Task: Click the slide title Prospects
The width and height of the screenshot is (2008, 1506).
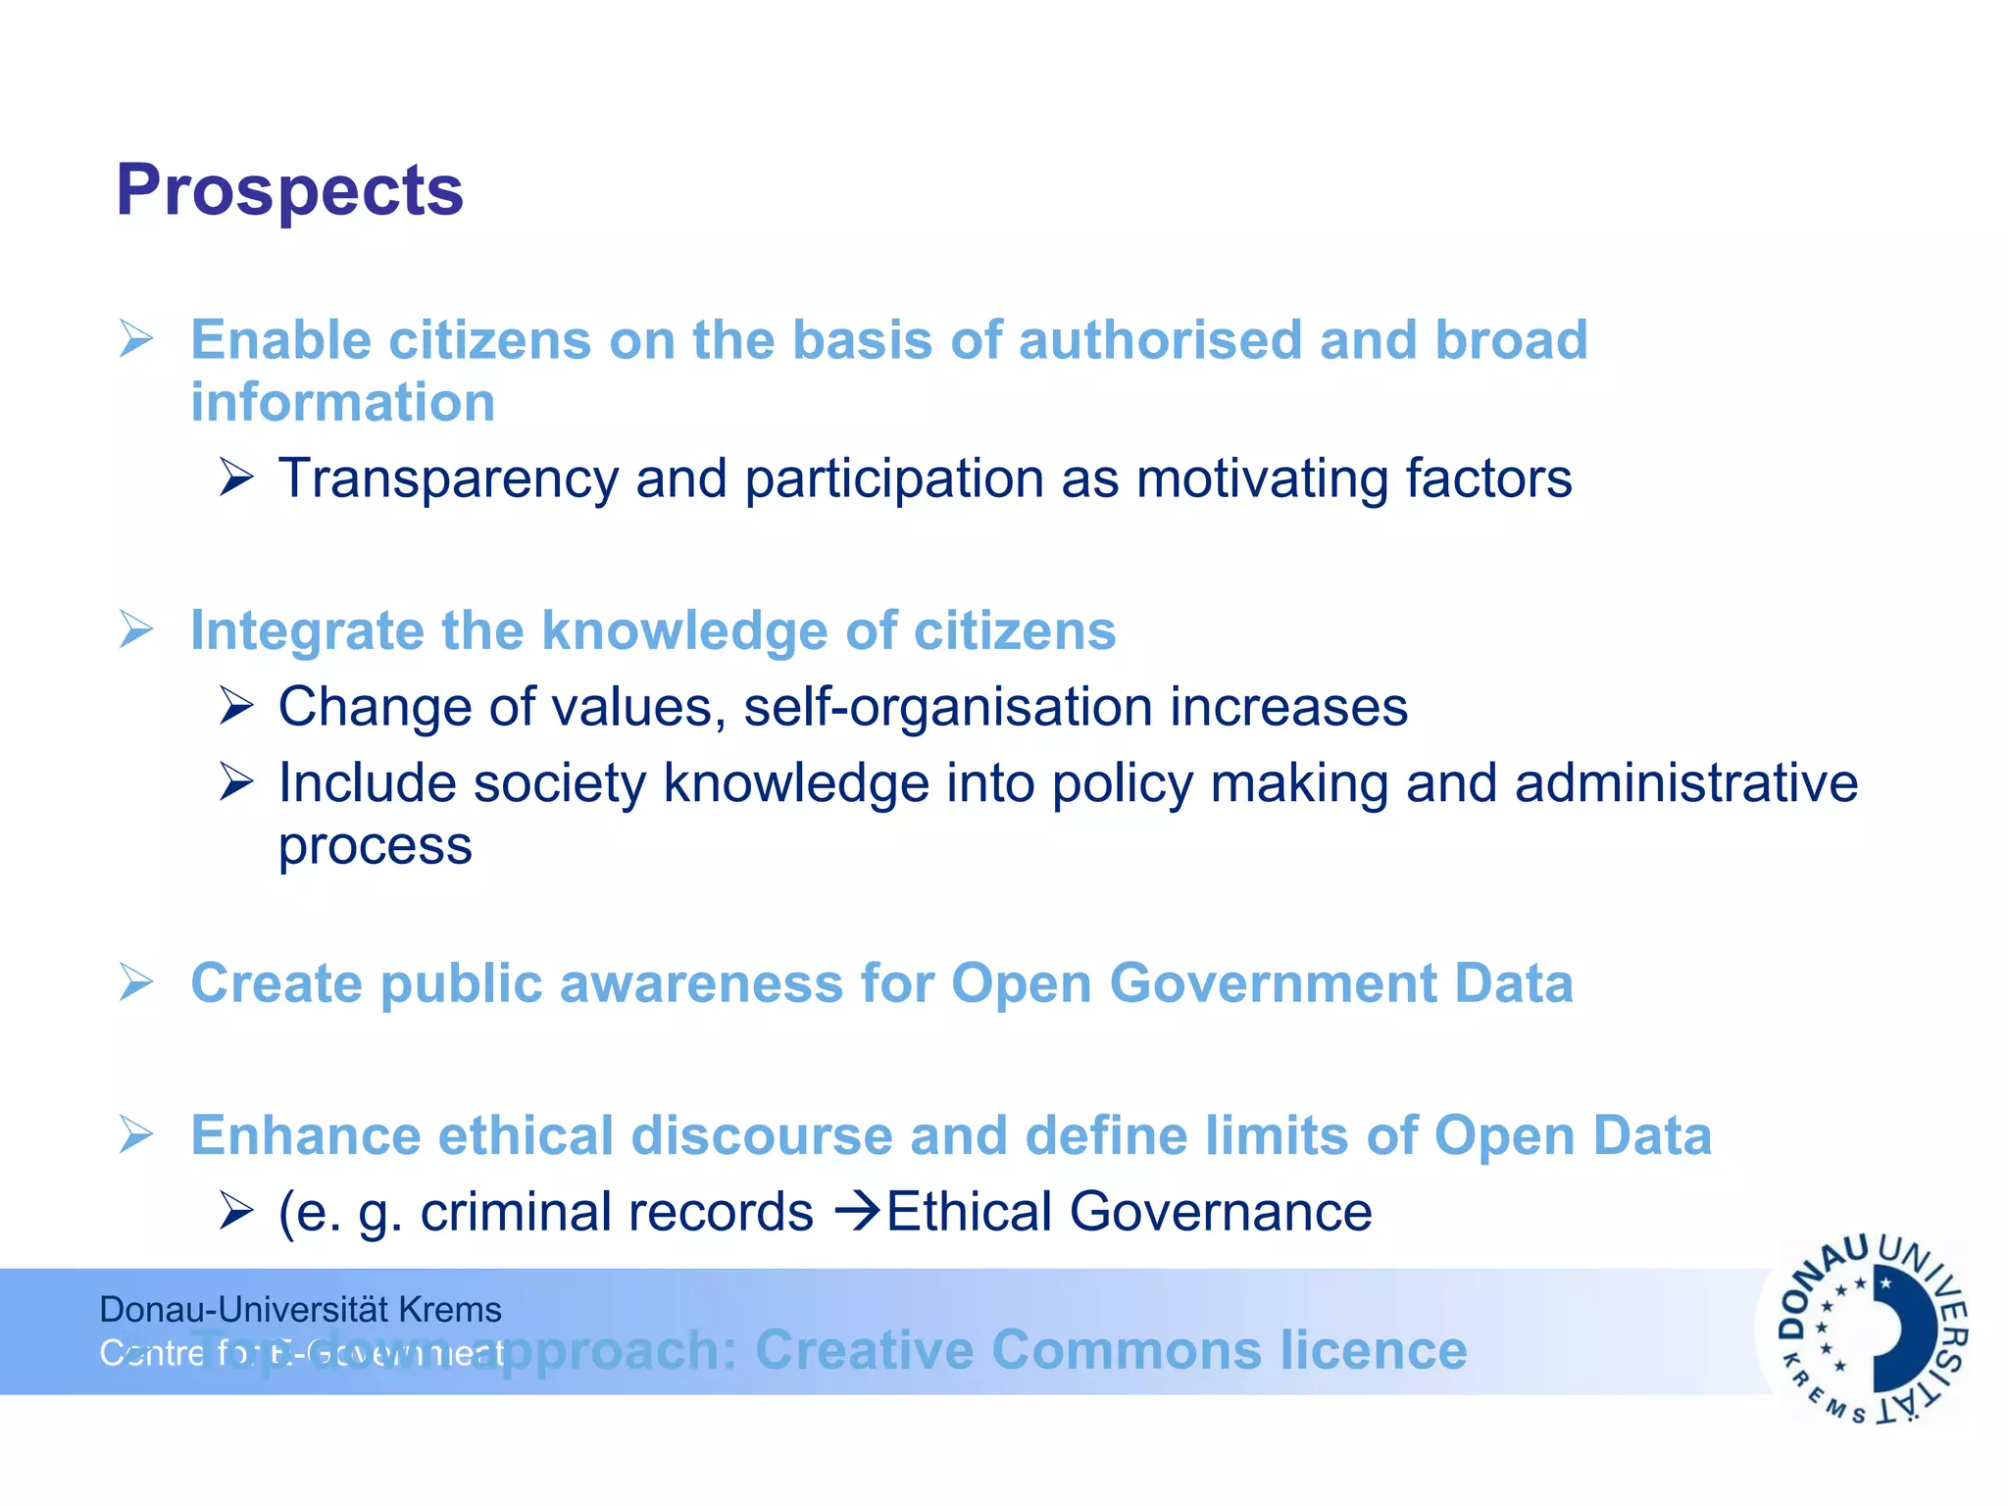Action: [x=289, y=190]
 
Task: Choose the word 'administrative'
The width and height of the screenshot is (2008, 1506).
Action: [x=1685, y=783]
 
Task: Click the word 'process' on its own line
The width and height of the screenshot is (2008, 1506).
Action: [x=375, y=846]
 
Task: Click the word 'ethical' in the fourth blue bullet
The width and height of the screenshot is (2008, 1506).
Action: [x=525, y=1135]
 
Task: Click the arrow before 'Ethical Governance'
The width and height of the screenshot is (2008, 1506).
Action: [x=857, y=1212]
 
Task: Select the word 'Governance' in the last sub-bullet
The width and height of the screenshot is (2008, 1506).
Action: [x=1220, y=1213]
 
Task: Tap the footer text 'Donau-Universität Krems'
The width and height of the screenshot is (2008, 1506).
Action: [x=300, y=1310]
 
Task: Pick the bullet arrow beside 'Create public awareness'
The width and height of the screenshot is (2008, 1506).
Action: [x=136, y=982]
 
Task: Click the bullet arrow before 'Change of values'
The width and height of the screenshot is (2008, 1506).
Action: [x=236, y=706]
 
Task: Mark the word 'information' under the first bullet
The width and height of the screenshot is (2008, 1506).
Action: [x=343, y=403]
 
